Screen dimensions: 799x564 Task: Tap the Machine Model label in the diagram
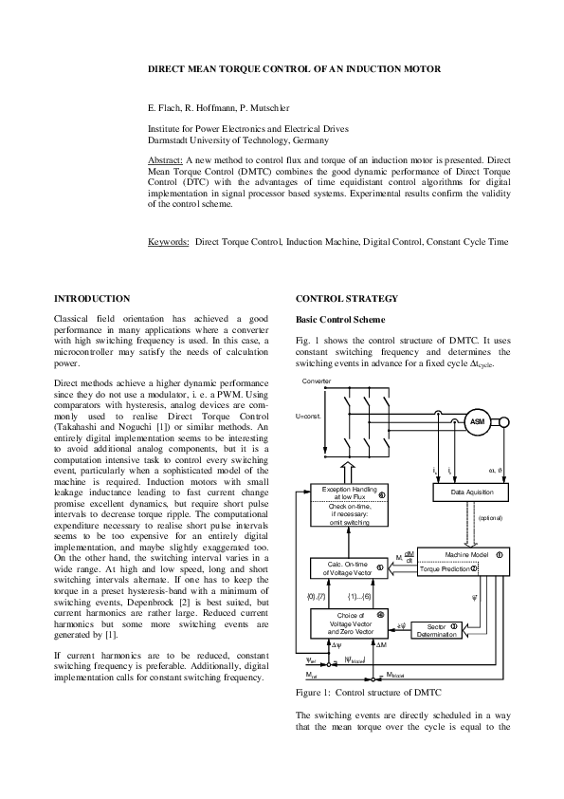[464, 553]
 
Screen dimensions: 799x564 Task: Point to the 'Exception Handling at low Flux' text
[347, 493]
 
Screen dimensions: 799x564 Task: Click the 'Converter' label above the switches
[316, 381]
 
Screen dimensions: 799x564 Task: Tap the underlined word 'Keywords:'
[169, 242]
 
